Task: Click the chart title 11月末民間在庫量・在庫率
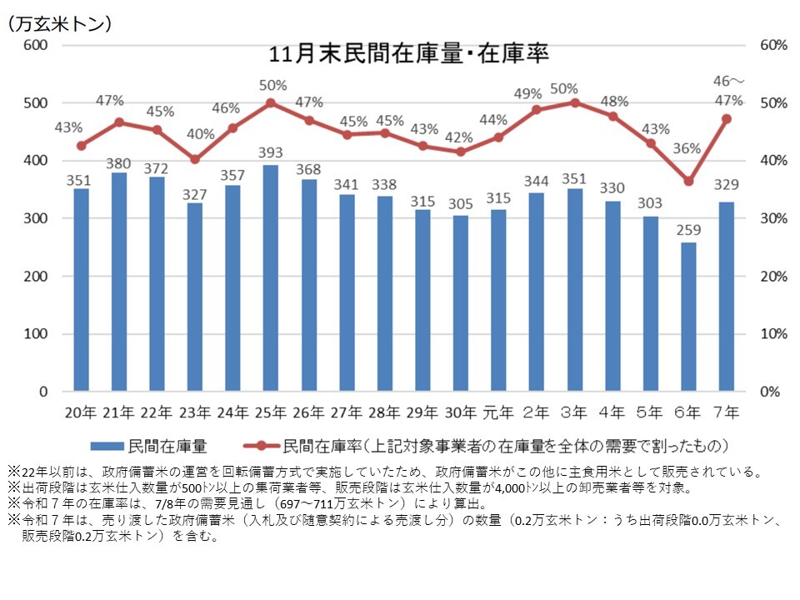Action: coord(408,54)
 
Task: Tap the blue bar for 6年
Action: coord(687,317)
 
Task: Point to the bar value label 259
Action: coord(687,230)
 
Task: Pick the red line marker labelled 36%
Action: coord(687,182)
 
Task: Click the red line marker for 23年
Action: coord(195,159)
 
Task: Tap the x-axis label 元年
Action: coord(497,411)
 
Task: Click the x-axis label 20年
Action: coord(81,411)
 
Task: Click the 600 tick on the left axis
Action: coord(34,45)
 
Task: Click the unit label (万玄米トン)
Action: coord(59,24)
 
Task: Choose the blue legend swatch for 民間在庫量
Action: coord(105,443)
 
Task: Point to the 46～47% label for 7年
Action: coord(728,91)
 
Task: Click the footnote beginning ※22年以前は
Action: coord(383,472)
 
